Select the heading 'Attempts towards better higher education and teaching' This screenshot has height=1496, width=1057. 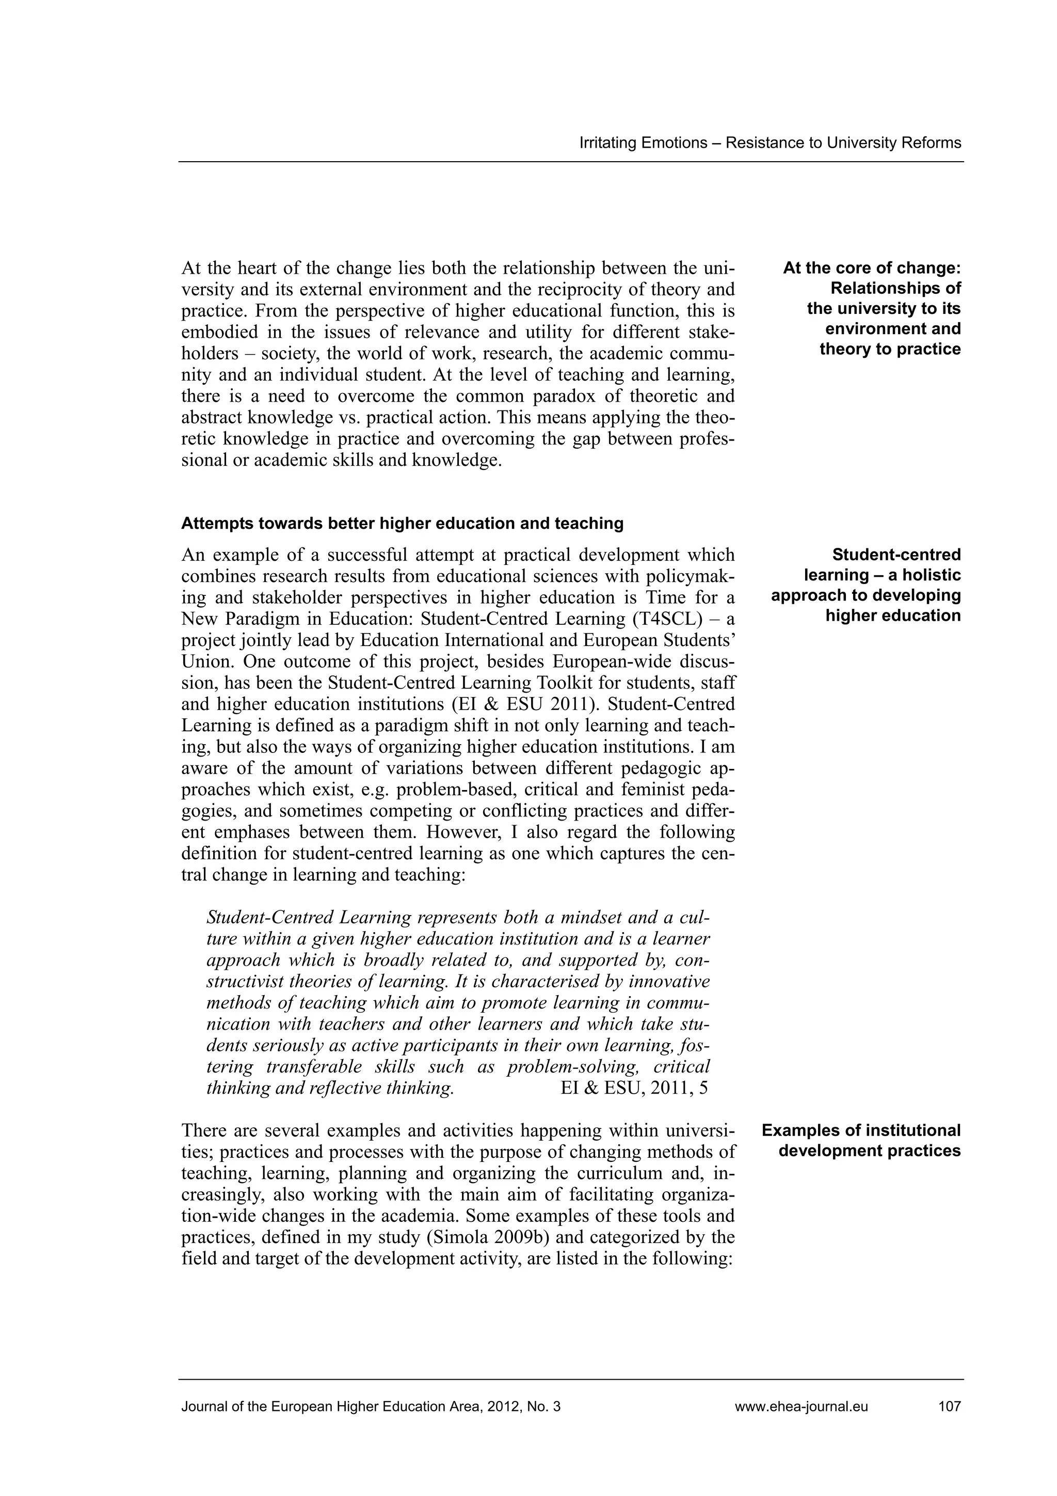click(x=402, y=523)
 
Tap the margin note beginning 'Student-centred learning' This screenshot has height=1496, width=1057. click(x=866, y=585)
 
